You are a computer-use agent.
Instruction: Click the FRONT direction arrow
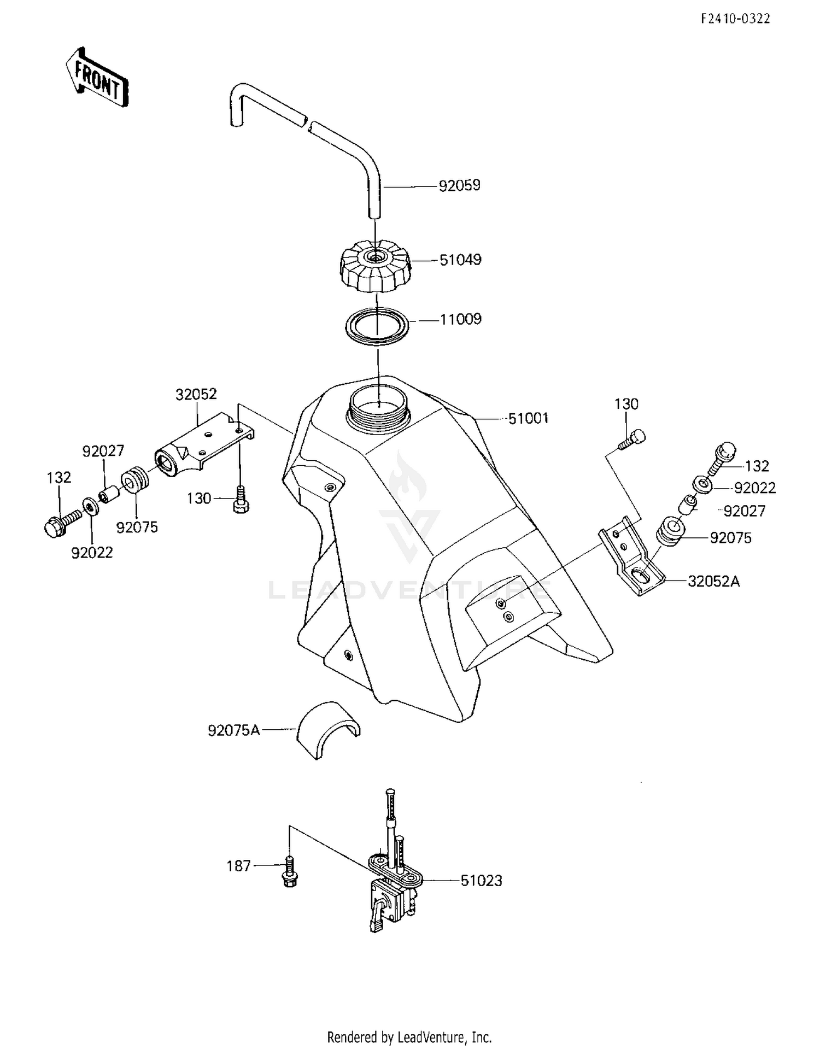click(97, 77)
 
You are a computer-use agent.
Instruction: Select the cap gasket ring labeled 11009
click(377, 326)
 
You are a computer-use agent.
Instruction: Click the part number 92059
click(459, 185)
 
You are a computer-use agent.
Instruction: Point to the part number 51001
click(528, 418)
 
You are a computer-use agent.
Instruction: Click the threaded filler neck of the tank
click(378, 411)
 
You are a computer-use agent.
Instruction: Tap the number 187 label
click(238, 866)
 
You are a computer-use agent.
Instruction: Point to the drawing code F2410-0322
click(735, 19)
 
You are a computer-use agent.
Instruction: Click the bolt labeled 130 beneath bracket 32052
click(240, 500)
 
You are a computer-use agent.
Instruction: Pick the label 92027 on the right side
click(744, 511)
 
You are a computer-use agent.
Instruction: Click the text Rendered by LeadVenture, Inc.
click(409, 1036)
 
